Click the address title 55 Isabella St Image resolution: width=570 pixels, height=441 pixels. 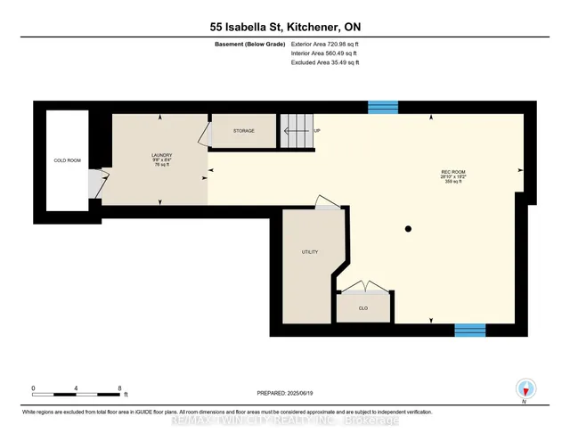tap(284, 28)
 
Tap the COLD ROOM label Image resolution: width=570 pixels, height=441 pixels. tap(68, 160)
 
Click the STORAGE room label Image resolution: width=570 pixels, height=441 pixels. tap(243, 131)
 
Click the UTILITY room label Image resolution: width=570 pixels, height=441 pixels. tap(309, 253)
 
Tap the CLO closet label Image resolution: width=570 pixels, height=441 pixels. tap(363, 308)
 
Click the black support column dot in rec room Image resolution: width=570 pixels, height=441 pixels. tap(408, 230)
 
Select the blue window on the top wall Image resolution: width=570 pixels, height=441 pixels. tap(383, 108)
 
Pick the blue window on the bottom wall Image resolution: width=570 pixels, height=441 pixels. tap(469, 330)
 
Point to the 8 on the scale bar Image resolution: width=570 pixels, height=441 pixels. tap(119, 388)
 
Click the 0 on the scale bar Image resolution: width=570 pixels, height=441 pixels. tap(34, 388)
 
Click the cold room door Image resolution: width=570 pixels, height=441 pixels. tap(94, 184)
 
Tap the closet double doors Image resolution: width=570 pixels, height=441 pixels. tap(362, 288)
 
